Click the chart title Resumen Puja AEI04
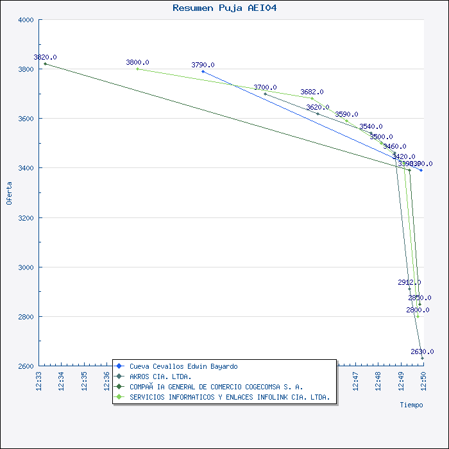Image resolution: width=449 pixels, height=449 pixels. pyautogui.click(x=224, y=8)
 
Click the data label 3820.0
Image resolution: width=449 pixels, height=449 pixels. pyautogui.click(x=45, y=57)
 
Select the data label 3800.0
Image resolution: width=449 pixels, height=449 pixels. pyautogui.click(x=137, y=62)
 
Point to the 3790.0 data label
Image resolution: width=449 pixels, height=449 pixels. pyautogui.click(x=203, y=65)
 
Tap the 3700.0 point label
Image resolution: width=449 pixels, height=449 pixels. pyautogui.click(x=265, y=87)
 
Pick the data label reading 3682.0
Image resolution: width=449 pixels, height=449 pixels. pyautogui.click(x=312, y=92)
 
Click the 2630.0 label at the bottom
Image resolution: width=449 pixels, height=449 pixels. pyautogui.click(x=422, y=352)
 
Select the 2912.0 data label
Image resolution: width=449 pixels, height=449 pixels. pyautogui.click(x=409, y=282)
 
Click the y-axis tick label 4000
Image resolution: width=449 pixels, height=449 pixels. pyautogui.click(x=25, y=20)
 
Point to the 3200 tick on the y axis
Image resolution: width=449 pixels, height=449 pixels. pyautogui.click(x=25, y=217)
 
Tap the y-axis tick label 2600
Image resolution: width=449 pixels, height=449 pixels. pyautogui.click(x=25, y=366)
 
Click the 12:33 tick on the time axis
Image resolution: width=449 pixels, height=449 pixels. pyautogui.click(x=38, y=380)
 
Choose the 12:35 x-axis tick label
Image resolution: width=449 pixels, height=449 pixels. pyautogui.click(x=84, y=380)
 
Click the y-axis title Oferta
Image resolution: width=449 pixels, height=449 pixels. pyautogui.click(x=9, y=193)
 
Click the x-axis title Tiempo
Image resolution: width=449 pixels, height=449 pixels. pyautogui.click(x=411, y=405)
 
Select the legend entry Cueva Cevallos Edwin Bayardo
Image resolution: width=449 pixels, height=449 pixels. pyautogui.click(x=183, y=366)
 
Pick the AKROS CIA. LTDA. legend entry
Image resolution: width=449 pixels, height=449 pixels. pyautogui.click(x=160, y=377)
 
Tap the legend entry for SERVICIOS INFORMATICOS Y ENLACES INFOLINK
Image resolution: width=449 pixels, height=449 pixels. pyautogui.click(x=230, y=397)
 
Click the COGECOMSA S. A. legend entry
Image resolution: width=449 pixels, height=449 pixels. pyautogui.click(x=216, y=387)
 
